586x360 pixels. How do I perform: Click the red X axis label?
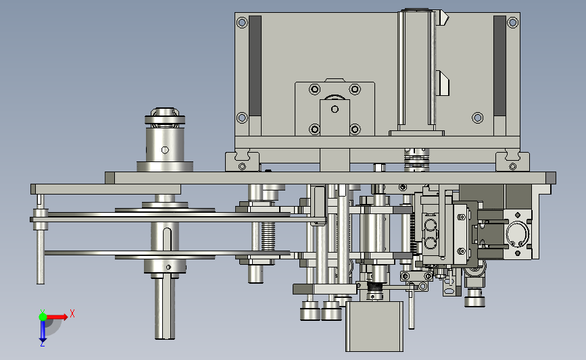[72, 313]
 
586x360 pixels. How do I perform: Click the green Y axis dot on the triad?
[43, 317]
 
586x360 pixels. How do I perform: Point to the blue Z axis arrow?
[43, 331]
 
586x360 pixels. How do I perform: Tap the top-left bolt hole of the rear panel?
[242, 22]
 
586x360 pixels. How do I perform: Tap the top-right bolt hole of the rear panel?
[513, 22]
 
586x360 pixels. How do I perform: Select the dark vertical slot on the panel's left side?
[255, 66]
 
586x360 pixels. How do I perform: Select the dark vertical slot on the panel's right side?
[499, 66]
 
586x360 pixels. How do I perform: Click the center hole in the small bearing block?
[335, 109]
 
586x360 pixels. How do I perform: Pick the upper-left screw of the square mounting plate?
[315, 89]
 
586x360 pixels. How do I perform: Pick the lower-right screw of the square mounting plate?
[355, 129]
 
